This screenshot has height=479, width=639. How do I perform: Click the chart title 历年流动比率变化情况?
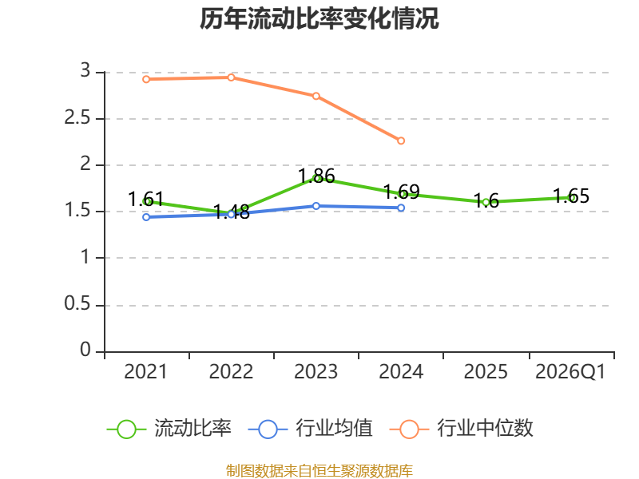click(x=319, y=18)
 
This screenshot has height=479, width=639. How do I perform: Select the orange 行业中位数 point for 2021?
click(x=146, y=79)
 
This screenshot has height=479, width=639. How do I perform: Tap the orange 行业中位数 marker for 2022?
click(x=231, y=77)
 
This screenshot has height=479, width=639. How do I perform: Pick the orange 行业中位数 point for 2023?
click(x=316, y=96)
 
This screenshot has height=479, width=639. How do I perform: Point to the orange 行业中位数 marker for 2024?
click(x=401, y=141)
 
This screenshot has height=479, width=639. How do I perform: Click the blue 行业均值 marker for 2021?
click(x=146, y=217)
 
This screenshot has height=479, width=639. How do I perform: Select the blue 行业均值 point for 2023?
click(x=316, y=206)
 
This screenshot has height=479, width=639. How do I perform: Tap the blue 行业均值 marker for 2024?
click(x=401, y=208)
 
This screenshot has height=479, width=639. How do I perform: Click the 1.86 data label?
click(x=316, y=176)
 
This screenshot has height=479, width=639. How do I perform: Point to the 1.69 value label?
click(x=402, y=192)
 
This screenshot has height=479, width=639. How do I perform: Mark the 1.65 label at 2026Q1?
click(x=571, y=196)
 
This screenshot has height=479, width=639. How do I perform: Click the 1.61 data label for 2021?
click(x=146, y=199)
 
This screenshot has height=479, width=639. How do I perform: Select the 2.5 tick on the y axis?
click(x=77, y=118)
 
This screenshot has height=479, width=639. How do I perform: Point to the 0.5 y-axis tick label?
click(x=77, y=304)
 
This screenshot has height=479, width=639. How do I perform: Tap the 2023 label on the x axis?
click(x=316, y=372)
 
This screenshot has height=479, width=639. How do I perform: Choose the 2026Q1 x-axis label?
click(x=570, y=372)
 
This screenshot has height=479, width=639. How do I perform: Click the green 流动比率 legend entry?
click(x=169, y=429)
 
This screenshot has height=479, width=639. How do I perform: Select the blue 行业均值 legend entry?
click(x=310, y=429)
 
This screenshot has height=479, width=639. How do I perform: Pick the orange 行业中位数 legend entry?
click(x=461, y=429)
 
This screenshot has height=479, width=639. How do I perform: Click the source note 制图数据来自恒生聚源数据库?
click(x=319, y=471)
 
